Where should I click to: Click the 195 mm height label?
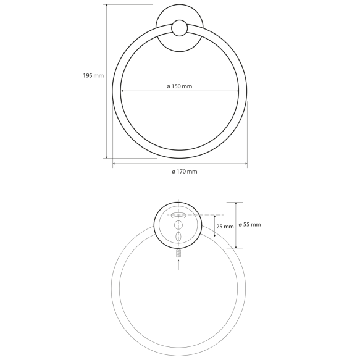tap(93, 75)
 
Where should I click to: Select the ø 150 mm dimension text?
tap(180, 86)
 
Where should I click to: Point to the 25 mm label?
tap(224, 227)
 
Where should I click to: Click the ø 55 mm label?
tap(248, 224)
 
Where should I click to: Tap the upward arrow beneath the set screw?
tap(179, 263)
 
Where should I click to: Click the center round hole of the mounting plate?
tap(179, 224)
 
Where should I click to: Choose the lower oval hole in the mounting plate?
tap(179, 236)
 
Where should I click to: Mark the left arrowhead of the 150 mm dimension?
tap(122, 91)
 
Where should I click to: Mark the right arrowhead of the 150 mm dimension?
tap(237, 91)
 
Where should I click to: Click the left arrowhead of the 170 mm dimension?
tap(114, 164)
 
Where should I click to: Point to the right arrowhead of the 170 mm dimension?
tap(246, 164)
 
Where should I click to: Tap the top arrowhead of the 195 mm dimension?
tap(107, 7)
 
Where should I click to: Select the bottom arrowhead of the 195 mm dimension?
tap(107, 157)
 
